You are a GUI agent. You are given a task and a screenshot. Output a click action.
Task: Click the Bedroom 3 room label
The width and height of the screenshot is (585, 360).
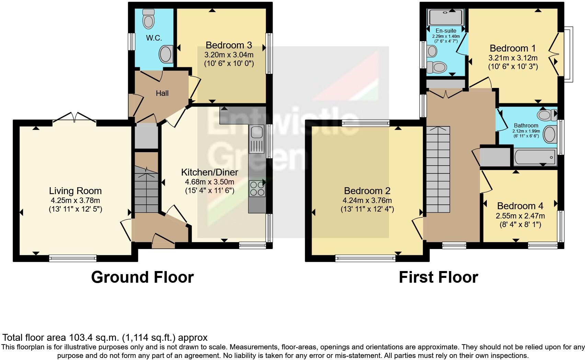pos(229,45)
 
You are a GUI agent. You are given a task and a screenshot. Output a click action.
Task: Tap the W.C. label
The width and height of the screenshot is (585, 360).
pos(154,38)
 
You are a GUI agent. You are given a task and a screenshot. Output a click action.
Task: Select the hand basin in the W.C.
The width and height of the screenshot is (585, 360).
pos(166,55)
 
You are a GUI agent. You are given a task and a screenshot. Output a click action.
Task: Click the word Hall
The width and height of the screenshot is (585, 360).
pos(162,93)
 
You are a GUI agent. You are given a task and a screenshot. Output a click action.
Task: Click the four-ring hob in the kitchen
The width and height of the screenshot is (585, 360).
pos(256,188)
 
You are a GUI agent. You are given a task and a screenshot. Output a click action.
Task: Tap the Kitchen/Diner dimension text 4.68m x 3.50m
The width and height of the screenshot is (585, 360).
pos(209,182)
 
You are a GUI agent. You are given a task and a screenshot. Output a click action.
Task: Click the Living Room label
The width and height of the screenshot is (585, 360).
pos(75,191)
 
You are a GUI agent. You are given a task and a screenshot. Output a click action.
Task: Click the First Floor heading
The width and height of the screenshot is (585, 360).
pos(438,277)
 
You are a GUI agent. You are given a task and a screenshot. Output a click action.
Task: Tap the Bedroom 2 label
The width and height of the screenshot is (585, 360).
pos(367,191)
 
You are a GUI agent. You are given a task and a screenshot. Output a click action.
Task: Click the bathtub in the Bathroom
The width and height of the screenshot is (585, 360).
pos(535,157)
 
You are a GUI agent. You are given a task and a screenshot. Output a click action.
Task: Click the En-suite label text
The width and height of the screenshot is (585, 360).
pos(446,31)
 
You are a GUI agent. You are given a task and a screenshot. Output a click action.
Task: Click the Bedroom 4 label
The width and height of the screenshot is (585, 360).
pos(520,206)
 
